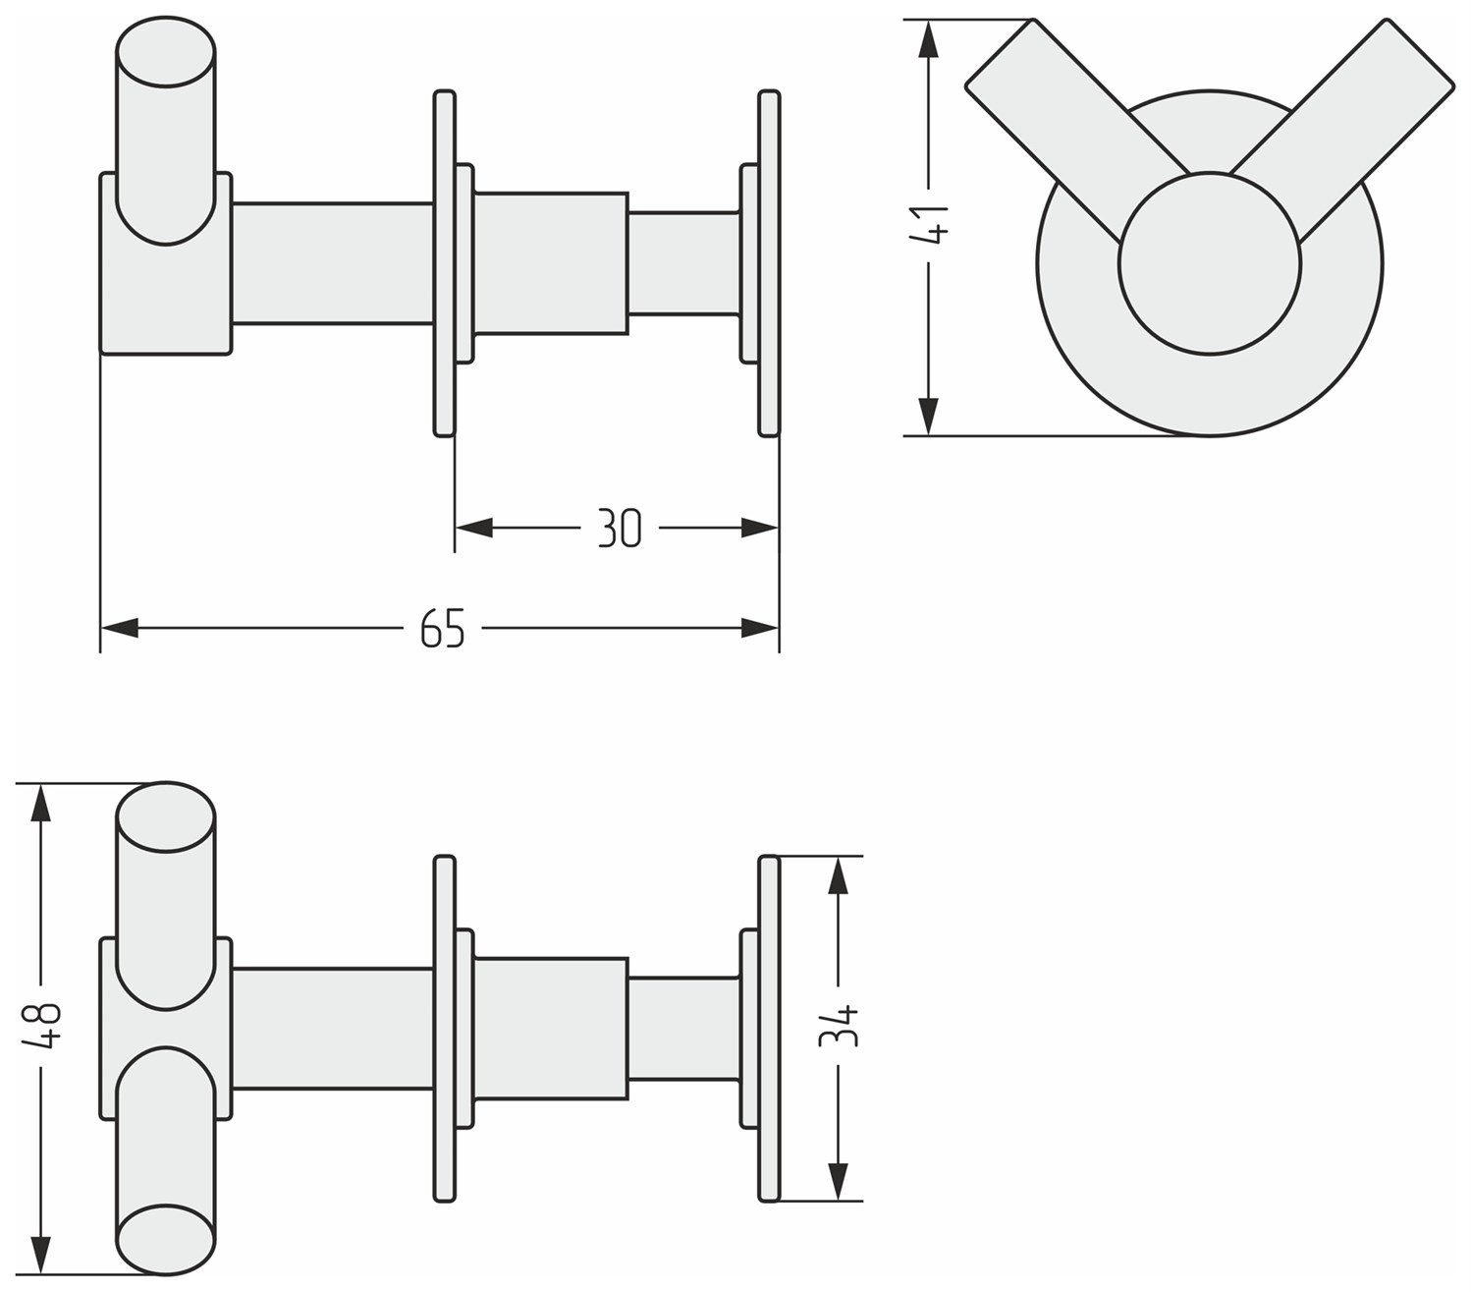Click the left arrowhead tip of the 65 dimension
(x=101, y=627)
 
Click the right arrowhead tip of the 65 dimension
(x=779, y=627)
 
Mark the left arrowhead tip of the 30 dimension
(x=456, y=528)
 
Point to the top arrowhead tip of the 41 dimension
(x=928, y=21)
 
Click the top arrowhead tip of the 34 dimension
(x=838, y=857)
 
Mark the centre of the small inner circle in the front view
(x=1209, y=263)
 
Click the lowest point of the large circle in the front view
(x=1209, y=436)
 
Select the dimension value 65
(x=442, y=629)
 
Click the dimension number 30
(x=620, y=529)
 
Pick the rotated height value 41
(x=929, y=224)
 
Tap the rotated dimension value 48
(x=41, y=1026)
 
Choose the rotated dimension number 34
(x=839, y=1026)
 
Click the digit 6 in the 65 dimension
(x=431, y=629)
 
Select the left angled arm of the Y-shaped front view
(x=1079, y=130)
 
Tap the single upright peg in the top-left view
(x=166, y=131)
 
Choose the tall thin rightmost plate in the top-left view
(x=769, y=263)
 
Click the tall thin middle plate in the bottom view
(x=445, y=1029)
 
